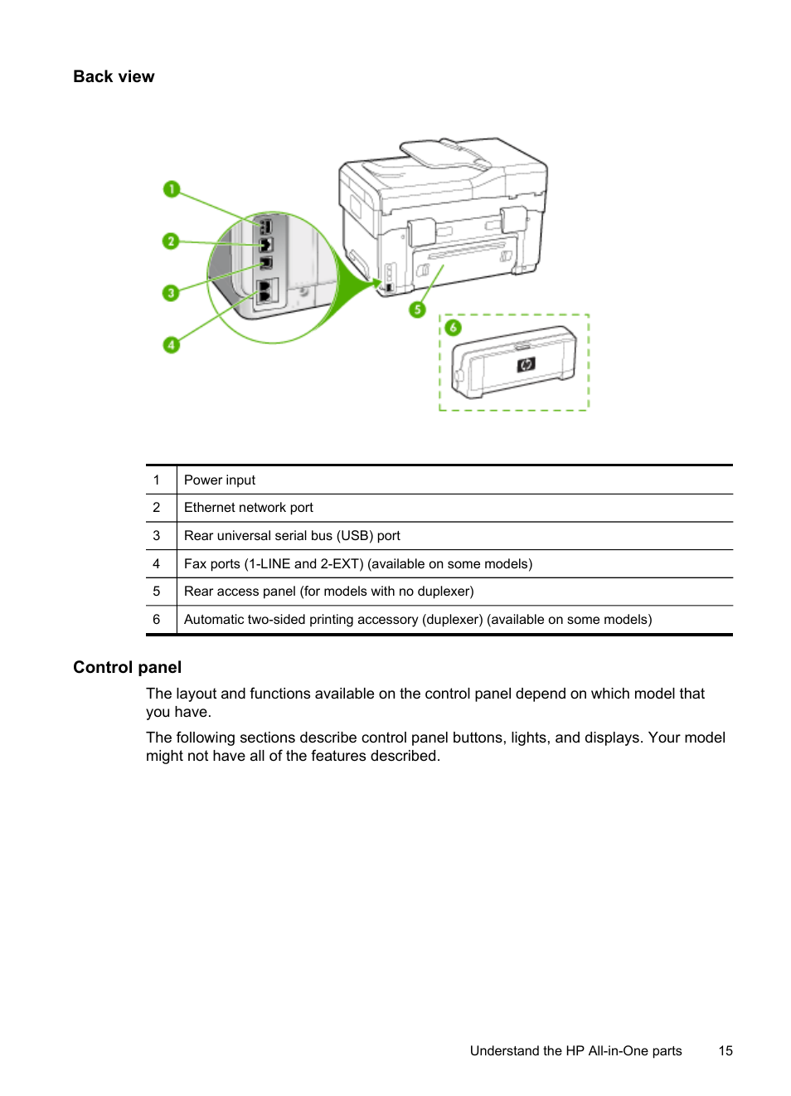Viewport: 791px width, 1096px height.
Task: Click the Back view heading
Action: [114, 77]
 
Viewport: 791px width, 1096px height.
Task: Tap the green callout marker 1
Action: [172, 189]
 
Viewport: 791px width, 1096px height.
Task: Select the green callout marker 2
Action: [171, 241]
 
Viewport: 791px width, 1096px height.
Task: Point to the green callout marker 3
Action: [171, 293]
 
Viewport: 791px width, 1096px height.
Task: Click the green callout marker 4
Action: [172, 344]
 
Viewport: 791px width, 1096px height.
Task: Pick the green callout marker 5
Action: [417, 309]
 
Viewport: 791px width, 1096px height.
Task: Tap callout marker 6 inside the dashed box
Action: [453, 328]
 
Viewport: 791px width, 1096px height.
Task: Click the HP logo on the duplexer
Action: [526, 364]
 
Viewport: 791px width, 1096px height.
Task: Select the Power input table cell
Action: [220, 480]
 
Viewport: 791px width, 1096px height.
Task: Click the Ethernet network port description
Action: [249, 508]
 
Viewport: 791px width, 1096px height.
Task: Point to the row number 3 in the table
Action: [156, 536]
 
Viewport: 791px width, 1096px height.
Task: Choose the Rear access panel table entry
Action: [328, 592]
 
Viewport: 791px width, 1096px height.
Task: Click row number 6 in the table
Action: [156, 620]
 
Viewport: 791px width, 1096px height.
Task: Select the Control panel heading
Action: [127, 668]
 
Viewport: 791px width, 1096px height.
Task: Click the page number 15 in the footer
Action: [725, 1051]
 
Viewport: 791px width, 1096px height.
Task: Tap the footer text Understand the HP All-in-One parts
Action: [575, 1051]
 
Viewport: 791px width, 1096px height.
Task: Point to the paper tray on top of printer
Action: [445, 154]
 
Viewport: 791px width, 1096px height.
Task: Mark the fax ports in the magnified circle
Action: [265, 291]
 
